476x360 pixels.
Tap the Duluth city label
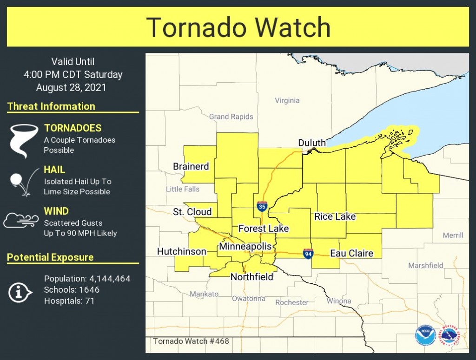coord(312,143)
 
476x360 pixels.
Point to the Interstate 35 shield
coord(262,206)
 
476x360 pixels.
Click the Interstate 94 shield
coord(308,253)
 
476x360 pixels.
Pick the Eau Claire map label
coord(351,253)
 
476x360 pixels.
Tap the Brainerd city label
coord(191,166)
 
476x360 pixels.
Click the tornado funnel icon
coord(22,140)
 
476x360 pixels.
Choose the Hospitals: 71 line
coord(69,301)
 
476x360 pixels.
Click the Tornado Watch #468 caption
coord(191,341)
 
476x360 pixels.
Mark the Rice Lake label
coord(335,216)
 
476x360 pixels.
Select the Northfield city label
coord(251,277)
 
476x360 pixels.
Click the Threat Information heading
coord(51,106)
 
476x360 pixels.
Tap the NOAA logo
coord(425,335)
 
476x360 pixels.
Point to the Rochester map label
coord(291,302)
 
